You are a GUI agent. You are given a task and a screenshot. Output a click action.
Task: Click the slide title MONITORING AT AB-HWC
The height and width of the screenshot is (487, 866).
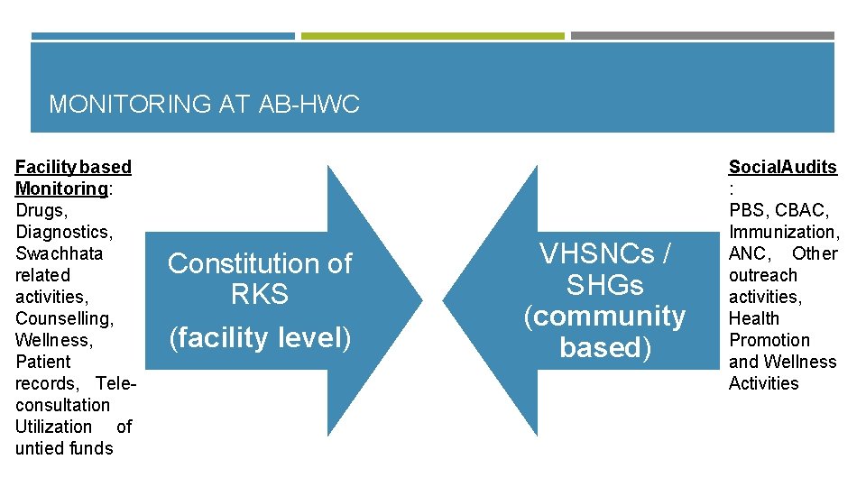coord(204,105)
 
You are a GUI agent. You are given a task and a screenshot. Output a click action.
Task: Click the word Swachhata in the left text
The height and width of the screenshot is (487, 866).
coord(59,253)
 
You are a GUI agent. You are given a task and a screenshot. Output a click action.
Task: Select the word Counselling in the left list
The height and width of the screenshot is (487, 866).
coord(63,318)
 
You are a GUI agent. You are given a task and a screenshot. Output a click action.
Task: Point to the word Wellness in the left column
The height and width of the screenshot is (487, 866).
coord(52,340)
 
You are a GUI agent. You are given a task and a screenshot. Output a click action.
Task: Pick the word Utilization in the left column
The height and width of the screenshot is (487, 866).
coord(53,427)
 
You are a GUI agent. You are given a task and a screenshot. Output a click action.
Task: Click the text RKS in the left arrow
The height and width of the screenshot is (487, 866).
coord(260,295)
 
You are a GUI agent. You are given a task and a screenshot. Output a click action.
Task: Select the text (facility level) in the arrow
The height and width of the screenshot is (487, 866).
coord(260,337)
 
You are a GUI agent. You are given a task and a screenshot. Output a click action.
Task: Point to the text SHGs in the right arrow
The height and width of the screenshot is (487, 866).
coord(604,285)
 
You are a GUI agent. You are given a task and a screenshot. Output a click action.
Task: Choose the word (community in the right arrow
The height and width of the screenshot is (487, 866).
coord(604,316)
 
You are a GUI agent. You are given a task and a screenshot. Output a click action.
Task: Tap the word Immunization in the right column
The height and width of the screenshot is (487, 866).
coord(783,232)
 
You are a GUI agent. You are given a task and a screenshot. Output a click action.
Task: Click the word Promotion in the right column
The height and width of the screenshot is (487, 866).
coord(769,340)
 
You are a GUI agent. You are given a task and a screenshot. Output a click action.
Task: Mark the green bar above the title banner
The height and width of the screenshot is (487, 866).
coord(432,36)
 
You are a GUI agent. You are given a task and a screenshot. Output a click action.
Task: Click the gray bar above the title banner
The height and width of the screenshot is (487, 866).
coord(702,36)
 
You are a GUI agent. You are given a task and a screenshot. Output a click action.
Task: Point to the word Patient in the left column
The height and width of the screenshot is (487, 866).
coord(42,362)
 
